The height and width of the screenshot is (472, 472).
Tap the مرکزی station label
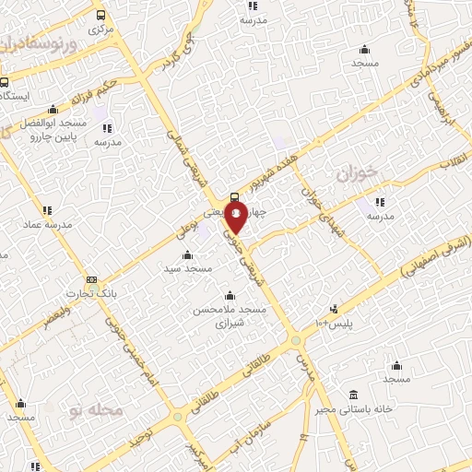click(x=100, y=29)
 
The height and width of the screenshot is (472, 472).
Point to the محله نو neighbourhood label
click(x=96, y=408)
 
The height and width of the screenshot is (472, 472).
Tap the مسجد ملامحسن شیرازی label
click(x=230, y=316)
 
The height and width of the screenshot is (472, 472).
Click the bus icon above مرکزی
click(x=100, y=15)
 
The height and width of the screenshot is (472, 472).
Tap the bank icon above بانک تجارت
click(x=91, y=279)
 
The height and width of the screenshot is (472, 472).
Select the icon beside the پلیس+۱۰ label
click(x=333, y=309)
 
